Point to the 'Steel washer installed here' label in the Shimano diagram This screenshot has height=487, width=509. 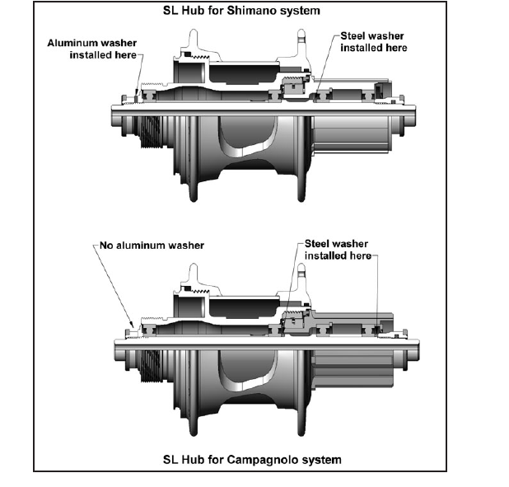373,42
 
